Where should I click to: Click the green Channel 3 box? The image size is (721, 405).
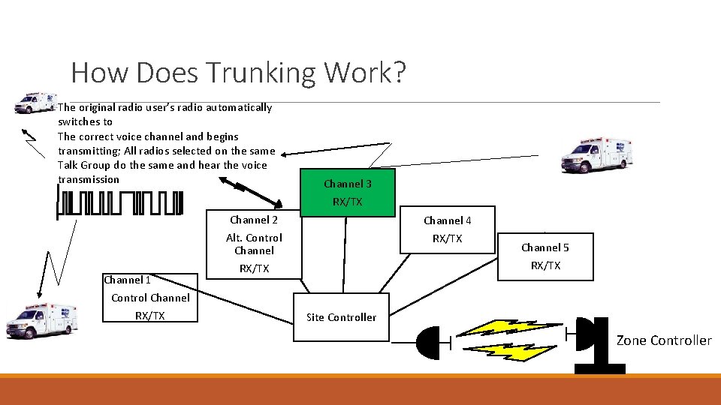pyautogui.click(x=347, y=193)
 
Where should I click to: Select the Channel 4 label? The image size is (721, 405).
pyautogui.click(x=448, y=220)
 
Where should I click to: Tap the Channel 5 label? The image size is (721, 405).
pyautogui.click(x=545, y=247)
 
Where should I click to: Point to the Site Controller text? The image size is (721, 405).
pyautogui.click(x=341, y=317)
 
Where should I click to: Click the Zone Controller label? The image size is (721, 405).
pyautogui.click(x=664, y=340)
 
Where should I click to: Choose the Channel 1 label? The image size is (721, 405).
pyautogui.click(x=128, y=280)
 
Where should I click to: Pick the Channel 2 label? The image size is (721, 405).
pyautogui.click(x=254, y=220)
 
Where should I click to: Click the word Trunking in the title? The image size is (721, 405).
pyautogui.click(x=261, y=73)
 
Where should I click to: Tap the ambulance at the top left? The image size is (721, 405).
pyautogui.click(x=35, y=103)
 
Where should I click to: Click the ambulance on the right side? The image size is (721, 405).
pyautogui.click(x=597, y=155)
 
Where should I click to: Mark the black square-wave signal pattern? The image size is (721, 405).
pyautogui.click(x=120, y=203)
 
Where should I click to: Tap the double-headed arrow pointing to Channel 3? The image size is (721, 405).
pyautogui.click(x=251, y=192)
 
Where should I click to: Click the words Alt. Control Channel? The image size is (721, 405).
pyautogui.click(x=254, y=244)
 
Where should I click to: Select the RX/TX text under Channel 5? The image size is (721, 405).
pyautogui.click(x=546, y=265)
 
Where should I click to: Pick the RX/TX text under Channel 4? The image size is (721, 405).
pyautogui.click(x=447, y=238)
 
